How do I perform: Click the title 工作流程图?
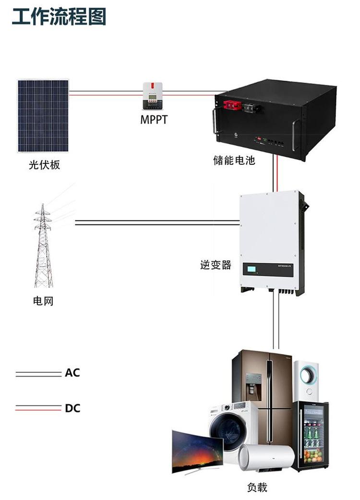coord(59,16)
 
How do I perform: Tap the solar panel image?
coord(43,116)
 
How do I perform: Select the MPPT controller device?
coord(153,96)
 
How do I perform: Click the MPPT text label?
coord(154,120)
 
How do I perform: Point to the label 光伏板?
coord(44,165)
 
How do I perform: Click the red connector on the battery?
coord(232,105)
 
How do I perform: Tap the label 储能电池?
coord(234,160)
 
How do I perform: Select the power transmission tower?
coord(43,245)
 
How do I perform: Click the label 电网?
coord(43,301)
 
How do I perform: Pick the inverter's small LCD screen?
coord(252,269)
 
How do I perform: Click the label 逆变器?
coord(216,265)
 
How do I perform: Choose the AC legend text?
coord(72,372)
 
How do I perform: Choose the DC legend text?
coord(72,408)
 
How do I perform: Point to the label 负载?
coord(257,487)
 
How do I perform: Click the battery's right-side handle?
coord(296,134)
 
